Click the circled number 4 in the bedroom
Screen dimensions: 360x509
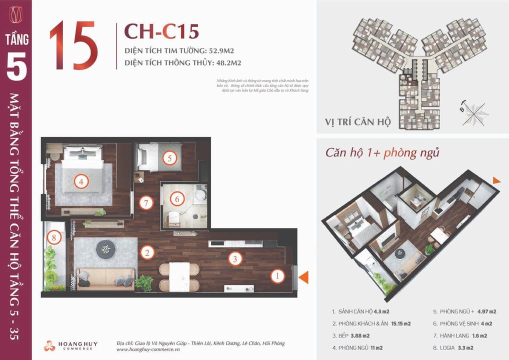pos(81,181)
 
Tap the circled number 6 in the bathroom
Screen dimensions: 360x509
pos(176,198)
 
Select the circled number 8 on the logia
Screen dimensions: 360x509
pos(54,237)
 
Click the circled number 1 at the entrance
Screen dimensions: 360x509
pos(278,275)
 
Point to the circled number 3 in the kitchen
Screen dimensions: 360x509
pos(235,258)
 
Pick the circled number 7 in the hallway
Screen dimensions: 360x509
pos(145,203)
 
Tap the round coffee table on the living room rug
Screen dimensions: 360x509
pos(105,247)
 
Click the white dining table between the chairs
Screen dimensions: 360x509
pos(179,275)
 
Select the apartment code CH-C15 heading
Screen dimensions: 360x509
pos(161,31)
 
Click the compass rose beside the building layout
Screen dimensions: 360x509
pos(475,112)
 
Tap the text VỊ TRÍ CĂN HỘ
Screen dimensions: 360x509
pos(357,122)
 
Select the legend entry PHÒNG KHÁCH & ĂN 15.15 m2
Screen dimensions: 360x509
pos(371,323)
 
